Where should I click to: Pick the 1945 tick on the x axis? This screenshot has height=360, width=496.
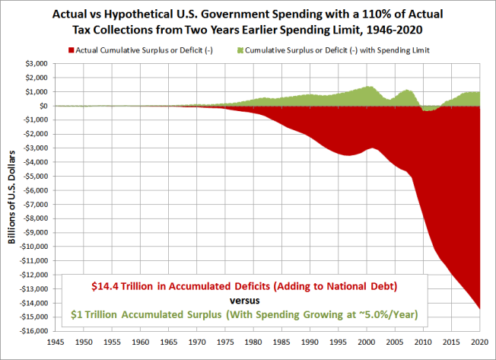[x=55, y=341]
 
